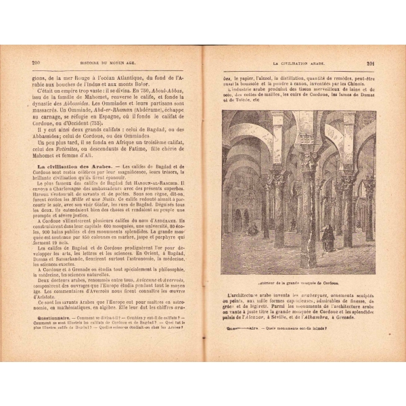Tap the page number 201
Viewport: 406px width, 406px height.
tap(370, 64)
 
